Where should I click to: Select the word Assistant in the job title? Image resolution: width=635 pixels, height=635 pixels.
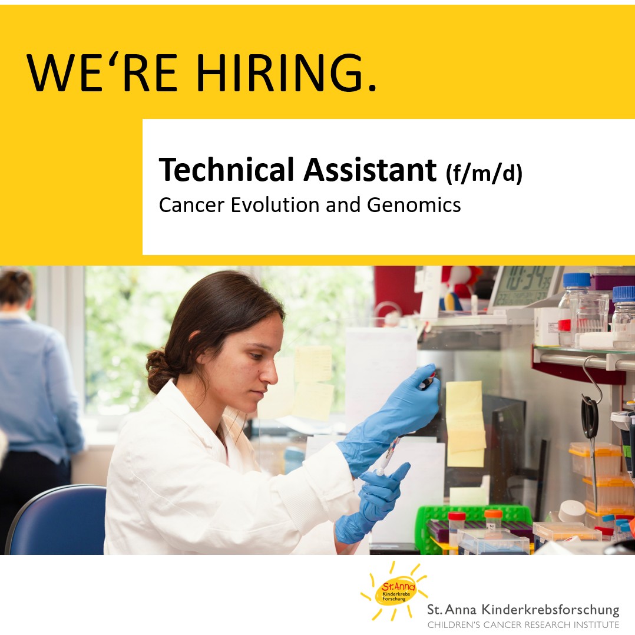[x=370, y=170]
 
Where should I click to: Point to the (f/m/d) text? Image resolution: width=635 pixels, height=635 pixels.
[x=484, y=174]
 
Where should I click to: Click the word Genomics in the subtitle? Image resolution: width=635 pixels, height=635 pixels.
[x=414, y=205]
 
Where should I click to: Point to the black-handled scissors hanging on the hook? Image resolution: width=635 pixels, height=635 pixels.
[x=590, y=415]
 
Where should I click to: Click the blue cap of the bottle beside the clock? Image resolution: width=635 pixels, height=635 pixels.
[x=576, y=279]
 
